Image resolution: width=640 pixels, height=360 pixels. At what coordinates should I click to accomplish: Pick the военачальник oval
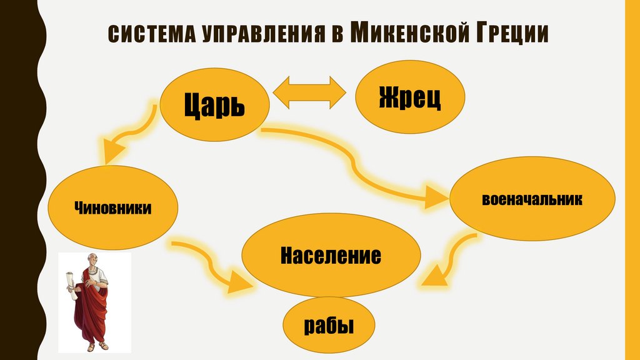pyautogui.click(x=532, y=200)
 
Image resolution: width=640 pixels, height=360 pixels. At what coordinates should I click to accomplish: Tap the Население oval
pyautogui.click(x=331, y=256)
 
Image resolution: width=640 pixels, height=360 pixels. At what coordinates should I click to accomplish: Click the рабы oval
pyautogui.click(x=329, y=326)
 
